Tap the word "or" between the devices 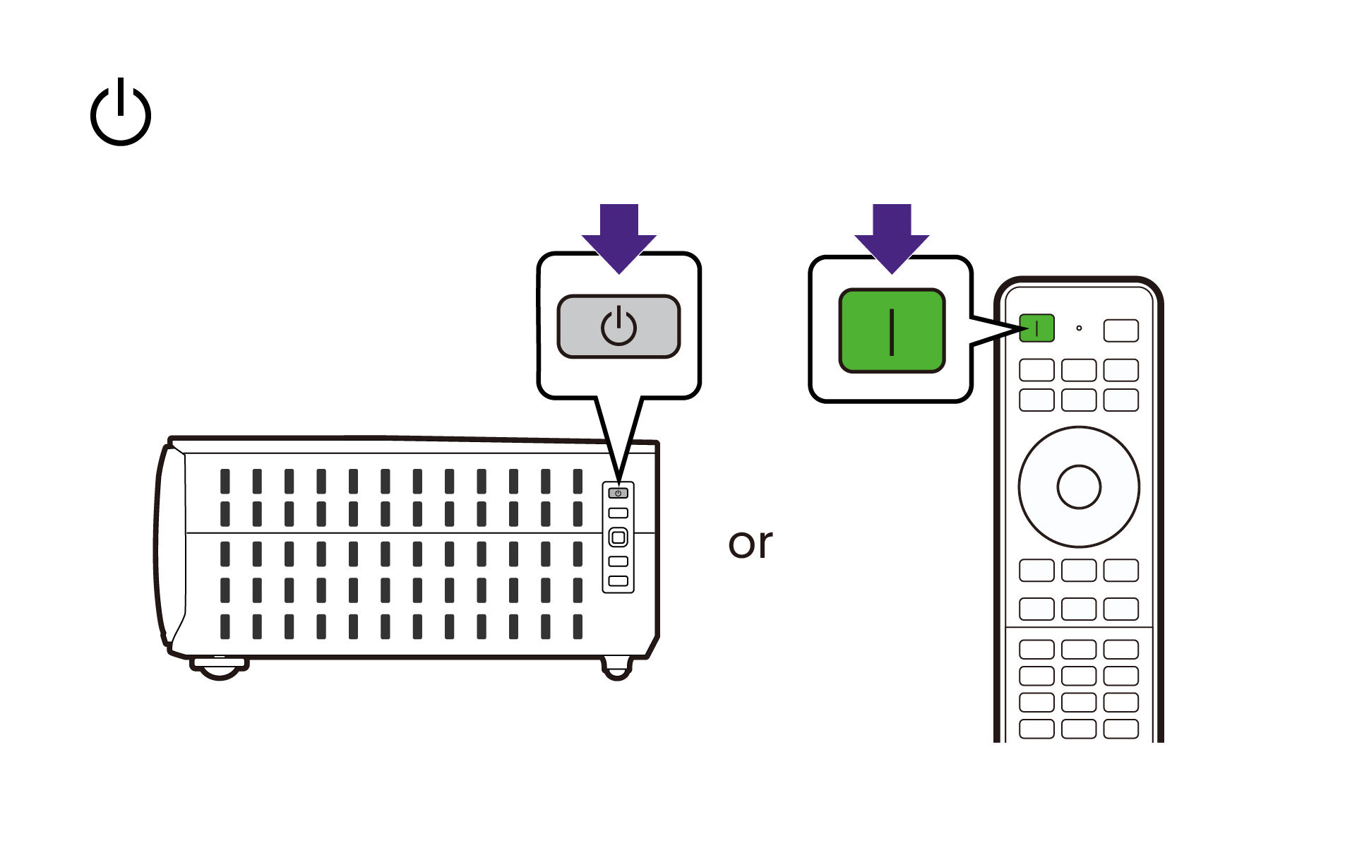pos(750,544)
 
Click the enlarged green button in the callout pos(892,330)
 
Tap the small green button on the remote pos(1036,328)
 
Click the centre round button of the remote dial pos(1079,487)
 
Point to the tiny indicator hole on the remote pos(1079,328)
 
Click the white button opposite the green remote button pos(1121,330)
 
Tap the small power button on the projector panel pos(618,493)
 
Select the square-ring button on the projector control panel pos(618,537)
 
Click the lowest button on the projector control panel pos(618,580)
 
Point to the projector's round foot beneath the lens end pos(220,667)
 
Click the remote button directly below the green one pos(1036,370)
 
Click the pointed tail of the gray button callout pos(619,480)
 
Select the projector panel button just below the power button pos(618,513)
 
